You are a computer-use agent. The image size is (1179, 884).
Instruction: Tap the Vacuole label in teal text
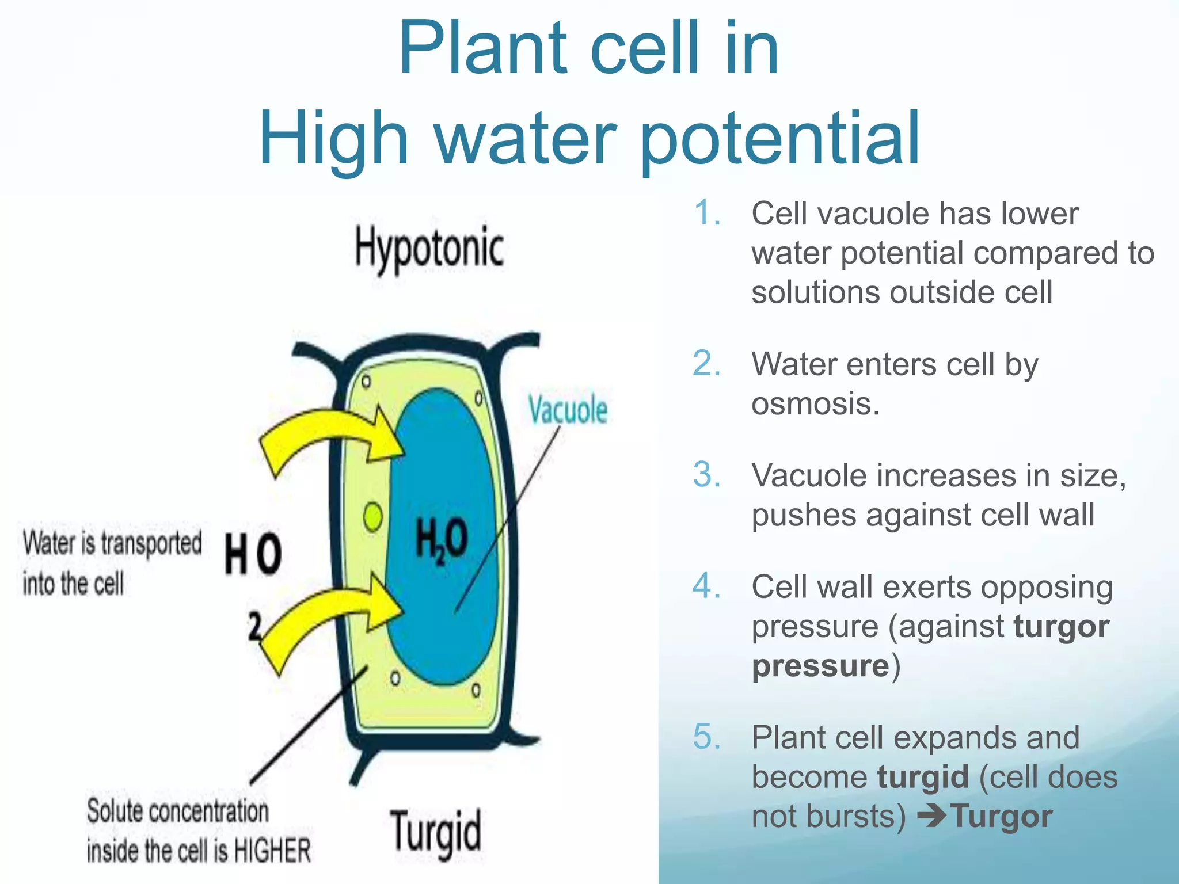click(568, 410)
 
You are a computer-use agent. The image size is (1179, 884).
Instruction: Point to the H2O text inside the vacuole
click(442, 539)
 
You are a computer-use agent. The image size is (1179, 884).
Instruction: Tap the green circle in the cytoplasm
click(373, 517)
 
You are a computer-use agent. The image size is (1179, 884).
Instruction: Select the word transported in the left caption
click(151, 543)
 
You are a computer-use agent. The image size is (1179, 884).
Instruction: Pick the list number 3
click(706, 475)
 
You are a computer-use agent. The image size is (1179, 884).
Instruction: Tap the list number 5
click(706, 737)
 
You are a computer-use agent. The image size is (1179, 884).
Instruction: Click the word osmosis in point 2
click(815, 403)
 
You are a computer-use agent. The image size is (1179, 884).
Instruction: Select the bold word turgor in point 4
click(1061, 626)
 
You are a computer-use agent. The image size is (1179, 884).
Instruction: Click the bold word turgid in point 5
click(923, 777)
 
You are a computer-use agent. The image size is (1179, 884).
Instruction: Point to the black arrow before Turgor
click(931, 816)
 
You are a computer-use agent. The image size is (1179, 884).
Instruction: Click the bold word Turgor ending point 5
click(1002, 816)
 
